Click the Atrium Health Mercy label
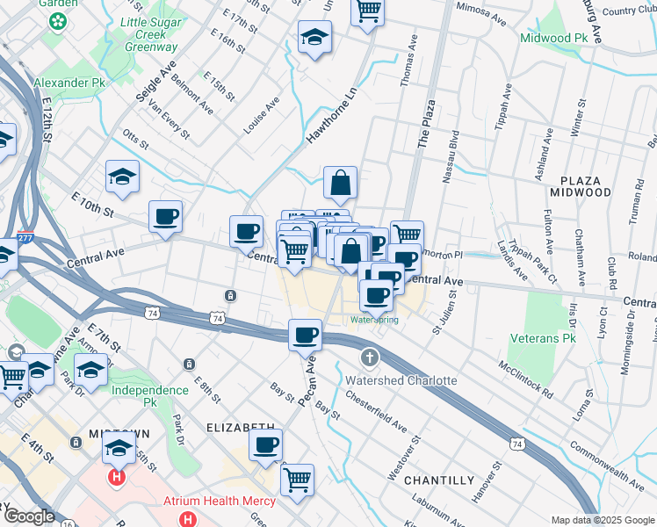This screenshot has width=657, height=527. tap(220, 502)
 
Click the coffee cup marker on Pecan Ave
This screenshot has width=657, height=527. tap(305, 335)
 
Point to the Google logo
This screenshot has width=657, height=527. tap(30, 516)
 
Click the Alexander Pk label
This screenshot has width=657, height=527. tap(68, 83)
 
